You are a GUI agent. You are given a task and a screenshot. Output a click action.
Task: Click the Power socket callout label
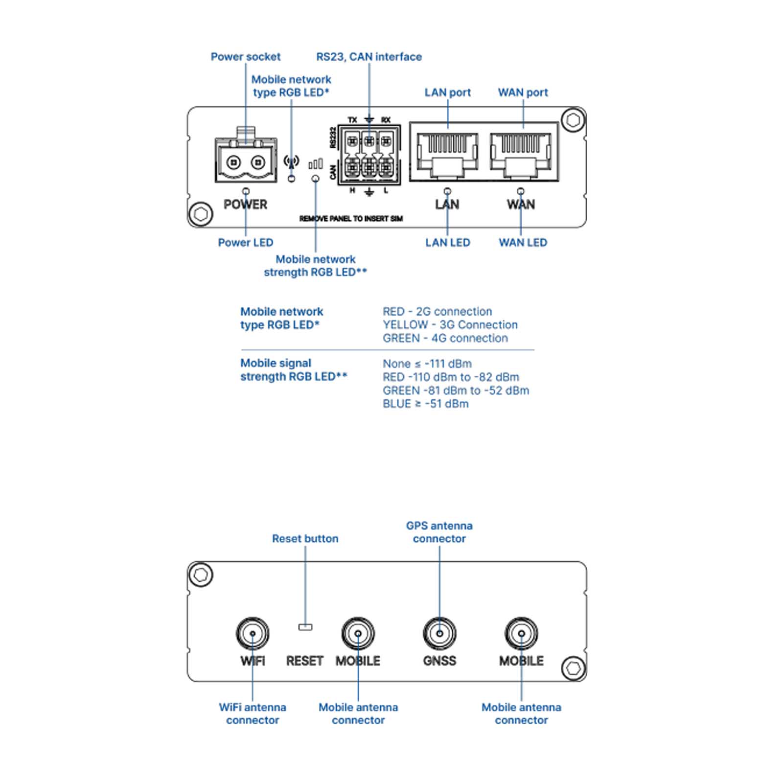click(245, 57)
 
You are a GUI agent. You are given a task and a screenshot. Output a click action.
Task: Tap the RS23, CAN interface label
click(369, 57)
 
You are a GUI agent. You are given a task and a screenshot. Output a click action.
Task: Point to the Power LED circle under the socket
click(246, 191)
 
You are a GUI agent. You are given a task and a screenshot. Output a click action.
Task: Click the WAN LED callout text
click(523, 243)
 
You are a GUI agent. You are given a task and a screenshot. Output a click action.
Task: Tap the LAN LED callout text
click(447, 243)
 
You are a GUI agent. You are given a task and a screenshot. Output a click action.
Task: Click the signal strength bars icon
click(316, 163)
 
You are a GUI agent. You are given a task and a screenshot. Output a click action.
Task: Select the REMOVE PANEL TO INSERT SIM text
click(351, 219)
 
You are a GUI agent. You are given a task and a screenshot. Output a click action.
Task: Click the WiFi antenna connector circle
click(253, 633)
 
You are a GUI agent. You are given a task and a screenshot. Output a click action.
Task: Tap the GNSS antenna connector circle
click(439, 633)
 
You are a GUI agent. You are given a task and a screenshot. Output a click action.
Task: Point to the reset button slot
click(305, 627)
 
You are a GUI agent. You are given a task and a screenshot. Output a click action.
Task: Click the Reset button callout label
click(305, 539)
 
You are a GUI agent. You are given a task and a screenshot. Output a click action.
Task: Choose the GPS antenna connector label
click(439, 532)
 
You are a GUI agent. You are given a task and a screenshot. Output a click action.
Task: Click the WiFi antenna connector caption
click(253, 714)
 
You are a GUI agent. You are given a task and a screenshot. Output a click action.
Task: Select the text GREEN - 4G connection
click(445, 338)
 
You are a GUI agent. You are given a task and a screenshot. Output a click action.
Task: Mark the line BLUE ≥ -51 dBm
click(426, 404)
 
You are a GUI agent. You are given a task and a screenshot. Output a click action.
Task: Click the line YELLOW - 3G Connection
click(450, 325)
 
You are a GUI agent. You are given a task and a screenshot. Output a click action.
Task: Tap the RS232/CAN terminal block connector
click(369, 155)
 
